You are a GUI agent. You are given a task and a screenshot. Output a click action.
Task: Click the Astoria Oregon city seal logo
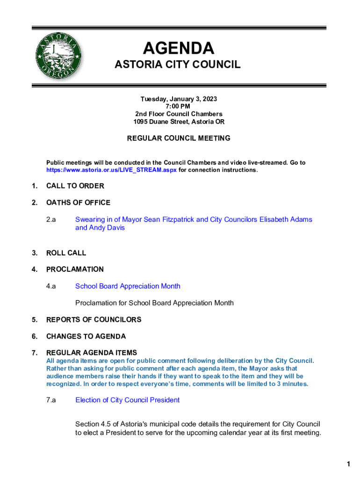tap(58, 58)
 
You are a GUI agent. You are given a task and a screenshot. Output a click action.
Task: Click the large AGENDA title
tap(178, 48)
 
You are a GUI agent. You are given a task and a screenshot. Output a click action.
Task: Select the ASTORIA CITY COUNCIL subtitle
tap(178, 65)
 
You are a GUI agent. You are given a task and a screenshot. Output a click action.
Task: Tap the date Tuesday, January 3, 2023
tap(179, 99)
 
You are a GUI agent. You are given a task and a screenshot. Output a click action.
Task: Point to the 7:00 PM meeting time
tap(179, 107)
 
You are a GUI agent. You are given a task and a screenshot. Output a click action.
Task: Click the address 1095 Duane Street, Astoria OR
tap(179, 122)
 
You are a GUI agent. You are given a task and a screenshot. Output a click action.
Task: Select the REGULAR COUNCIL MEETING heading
tap(179, 138)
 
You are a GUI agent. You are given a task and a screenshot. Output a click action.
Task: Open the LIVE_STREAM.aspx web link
tap(111, 170)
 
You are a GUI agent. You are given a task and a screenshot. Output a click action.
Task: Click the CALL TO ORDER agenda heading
tap(75, 186)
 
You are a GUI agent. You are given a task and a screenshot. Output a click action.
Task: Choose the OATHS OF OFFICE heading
tap(78, 203)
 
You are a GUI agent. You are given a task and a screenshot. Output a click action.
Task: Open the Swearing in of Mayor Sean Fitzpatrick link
tap(194, 219)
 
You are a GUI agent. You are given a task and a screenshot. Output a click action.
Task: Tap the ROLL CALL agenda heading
tap(66, 253)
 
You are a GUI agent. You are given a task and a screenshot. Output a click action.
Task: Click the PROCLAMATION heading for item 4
tap(75, 269)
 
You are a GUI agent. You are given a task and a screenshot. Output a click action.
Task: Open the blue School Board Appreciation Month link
tap(128, 286)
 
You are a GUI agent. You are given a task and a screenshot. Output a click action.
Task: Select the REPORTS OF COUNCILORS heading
tap(94, 320)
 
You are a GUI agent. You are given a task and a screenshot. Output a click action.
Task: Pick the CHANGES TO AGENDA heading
tap(86, 336)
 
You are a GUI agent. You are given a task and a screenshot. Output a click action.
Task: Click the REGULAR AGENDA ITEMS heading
tap(91, 353)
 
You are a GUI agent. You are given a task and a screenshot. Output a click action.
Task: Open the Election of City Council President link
tap(127, 400)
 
